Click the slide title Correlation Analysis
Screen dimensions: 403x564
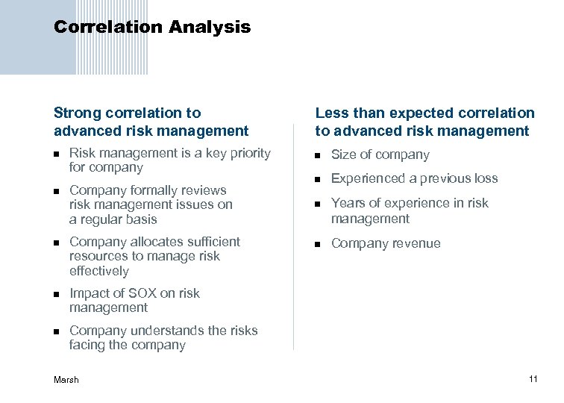tap(152, 28)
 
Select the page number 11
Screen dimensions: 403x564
tap(533, 379)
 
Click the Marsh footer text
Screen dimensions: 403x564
tap(66, 380)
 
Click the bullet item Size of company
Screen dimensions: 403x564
tap(380, 154)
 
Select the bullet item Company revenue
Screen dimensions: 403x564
tap(385, 243)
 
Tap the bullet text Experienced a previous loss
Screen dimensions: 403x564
tap(414, 178)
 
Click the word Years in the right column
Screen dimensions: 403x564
tap(348, 203)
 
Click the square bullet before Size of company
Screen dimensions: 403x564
tap(318, 155)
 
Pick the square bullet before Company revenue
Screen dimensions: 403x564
tap(318, 244)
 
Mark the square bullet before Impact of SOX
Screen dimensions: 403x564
tap(57, 294)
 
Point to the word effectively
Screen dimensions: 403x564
tap(99, 271)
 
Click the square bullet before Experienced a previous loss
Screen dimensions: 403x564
tap(318, 179)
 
